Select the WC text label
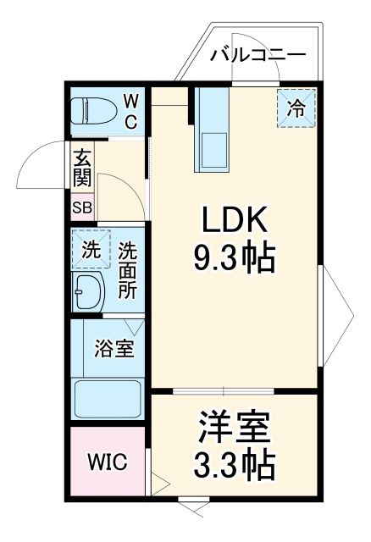point(131,111)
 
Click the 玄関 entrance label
point(82,169)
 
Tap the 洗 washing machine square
point(90,250)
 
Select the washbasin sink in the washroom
point(87,292)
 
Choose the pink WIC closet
point(108,463)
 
